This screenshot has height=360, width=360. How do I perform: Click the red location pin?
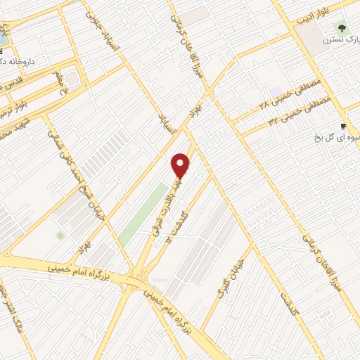pos(181,165)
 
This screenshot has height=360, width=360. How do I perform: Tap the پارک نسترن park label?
pos(338,40)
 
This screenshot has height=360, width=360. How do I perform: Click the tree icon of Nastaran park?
pos(342,29)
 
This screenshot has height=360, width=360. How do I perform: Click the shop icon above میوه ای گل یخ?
pos(343,126)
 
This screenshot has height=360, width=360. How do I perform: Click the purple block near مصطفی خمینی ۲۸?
pos(275,92)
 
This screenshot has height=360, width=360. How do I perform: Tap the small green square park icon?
pos(60,235)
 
